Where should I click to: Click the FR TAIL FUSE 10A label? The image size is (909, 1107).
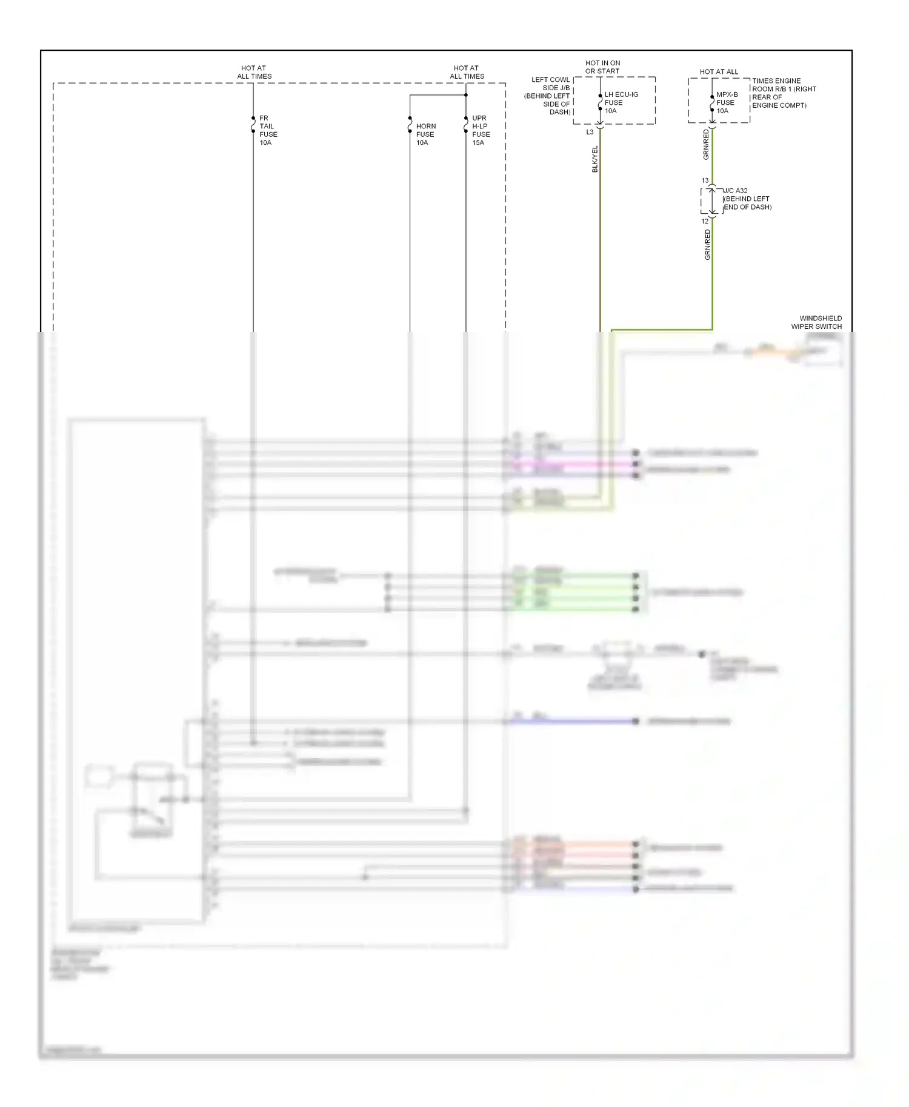tap(268, 130)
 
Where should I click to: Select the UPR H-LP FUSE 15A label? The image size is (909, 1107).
tap(481, 130)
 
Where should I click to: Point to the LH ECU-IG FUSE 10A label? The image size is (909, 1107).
tap(621, 102)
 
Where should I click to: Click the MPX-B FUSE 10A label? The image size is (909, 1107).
tap(727, 102)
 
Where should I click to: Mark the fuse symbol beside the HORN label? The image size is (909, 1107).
tap(410, 125)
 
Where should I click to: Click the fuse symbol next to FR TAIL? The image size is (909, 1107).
tap(253, 125)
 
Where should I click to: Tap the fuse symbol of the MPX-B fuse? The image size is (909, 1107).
tap(712, 104)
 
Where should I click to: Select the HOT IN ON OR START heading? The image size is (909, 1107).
tap(602, 67)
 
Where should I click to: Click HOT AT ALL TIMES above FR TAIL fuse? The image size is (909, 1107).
tap(254, 72)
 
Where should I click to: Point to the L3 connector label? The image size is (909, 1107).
tap(590, 132)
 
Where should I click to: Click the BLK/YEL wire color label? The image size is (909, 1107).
tap(595, 159)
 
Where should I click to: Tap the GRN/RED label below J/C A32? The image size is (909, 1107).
tap(707, 245)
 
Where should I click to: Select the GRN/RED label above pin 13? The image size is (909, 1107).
tap(706, 144)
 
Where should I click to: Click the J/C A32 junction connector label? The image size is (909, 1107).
tap(747, 199)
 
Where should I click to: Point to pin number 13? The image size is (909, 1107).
tap(705, 180)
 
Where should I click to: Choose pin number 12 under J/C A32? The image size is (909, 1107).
tap(705, 221)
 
